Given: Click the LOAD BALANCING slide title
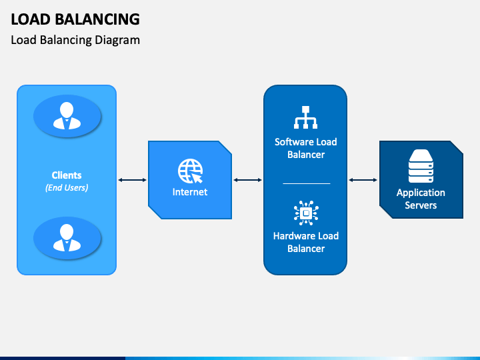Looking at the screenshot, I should (x=75, y=19).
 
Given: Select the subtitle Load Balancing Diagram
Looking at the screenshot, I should (x=75, y=40).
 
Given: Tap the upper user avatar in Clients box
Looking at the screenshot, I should (x=67, y=116).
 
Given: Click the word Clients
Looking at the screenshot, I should (x=67, y=175).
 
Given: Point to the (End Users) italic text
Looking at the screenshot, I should (x=67, y=188).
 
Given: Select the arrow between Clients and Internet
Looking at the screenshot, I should (x=132, y=180).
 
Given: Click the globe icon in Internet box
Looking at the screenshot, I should (x=190, y=171).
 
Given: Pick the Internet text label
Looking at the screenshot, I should (x=190, y=192).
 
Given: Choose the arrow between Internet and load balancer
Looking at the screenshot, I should (x=247, y=180).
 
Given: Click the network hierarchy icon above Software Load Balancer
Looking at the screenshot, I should (x=305, y=117).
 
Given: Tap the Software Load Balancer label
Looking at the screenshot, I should (x=305, y=148).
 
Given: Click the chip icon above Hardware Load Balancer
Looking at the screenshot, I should (x=305, y=213).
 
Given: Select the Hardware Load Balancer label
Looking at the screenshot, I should (x=305, y=242).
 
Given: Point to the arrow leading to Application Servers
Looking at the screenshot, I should (x=363, y=180).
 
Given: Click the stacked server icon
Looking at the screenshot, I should (x=421, y=166).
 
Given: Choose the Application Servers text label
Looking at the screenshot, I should (x=421, y=199).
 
